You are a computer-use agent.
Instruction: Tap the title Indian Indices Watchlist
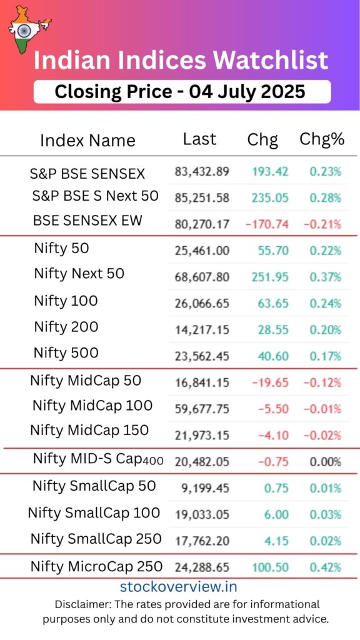coord(180,61)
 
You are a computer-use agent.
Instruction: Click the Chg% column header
coord(322,139)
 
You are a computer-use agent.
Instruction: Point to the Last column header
coord(199,139)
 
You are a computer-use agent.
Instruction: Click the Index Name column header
coord(87,141)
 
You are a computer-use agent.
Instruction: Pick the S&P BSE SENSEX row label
coord(87,174)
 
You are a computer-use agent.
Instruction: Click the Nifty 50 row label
coord(61,248)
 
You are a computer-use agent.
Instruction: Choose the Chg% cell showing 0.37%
coord(325,277)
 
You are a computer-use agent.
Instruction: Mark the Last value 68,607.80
coord(202,277)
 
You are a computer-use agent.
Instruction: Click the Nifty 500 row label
coord(66,352)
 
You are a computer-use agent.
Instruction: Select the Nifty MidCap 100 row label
coord(92,406)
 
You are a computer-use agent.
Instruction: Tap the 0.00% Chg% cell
coord(325,462)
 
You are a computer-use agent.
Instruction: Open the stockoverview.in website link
coord(178,587)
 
